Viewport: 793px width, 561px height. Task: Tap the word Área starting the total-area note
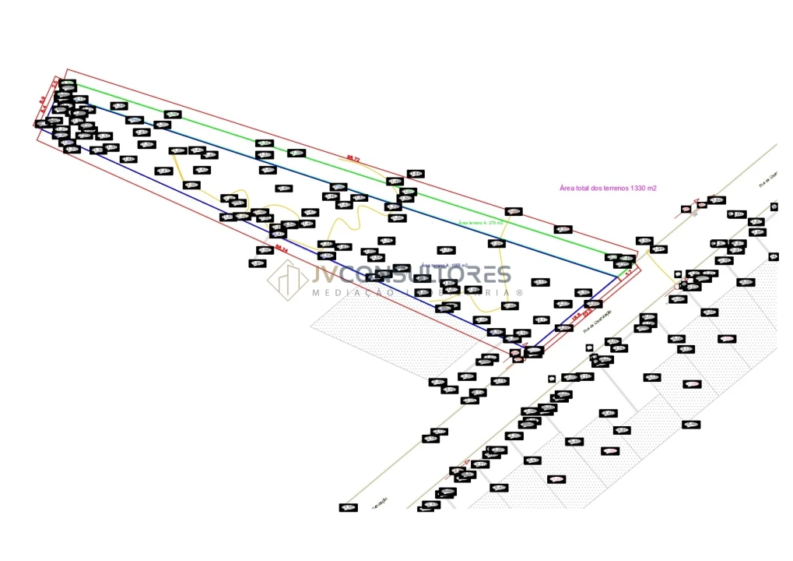567,189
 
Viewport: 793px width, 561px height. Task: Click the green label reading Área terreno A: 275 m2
480,223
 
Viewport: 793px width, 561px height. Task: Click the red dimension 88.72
353,158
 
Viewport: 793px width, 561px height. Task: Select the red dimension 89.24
282,249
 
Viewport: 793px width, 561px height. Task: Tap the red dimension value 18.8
577,317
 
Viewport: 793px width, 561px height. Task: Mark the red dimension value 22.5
588,312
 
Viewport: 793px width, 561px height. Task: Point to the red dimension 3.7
627,274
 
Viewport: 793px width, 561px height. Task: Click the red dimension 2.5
55,83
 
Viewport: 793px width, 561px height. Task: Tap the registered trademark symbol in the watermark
520,293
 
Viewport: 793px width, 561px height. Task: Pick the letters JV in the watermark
325,274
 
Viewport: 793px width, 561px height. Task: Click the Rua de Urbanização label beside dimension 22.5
598,321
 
